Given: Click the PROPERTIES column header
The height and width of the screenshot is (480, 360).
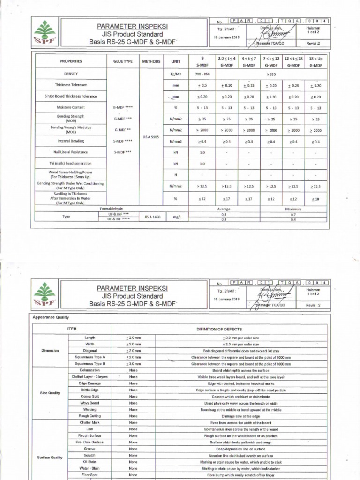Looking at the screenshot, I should (71, 61).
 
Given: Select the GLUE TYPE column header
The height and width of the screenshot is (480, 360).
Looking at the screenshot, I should (124, 61).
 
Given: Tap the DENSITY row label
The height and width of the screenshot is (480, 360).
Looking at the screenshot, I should (71, 74).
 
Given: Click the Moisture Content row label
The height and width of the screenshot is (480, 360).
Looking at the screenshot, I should (71, 107).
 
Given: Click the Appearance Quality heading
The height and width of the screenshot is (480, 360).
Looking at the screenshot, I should (51, 317).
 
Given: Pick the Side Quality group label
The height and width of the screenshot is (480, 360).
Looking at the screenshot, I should (51, 393).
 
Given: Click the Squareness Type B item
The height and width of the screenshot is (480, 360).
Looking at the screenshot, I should (90, 363).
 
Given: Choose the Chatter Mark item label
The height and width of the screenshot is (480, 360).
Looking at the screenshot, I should (90, 422).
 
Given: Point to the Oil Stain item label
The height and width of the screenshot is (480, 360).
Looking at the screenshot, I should (90, 462).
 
